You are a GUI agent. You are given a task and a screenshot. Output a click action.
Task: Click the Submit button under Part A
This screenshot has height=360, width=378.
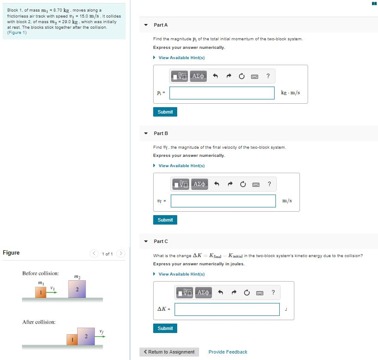coord(165,112)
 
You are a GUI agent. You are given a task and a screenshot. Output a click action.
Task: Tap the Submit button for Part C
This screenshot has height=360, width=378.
coord(165,328)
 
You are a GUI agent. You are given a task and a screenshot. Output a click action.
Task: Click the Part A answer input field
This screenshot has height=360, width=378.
coord(222,93)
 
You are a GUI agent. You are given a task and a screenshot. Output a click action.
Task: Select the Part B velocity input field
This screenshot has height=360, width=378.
coord(223,201)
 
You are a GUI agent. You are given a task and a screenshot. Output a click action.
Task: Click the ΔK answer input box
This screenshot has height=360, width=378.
coord(227,309)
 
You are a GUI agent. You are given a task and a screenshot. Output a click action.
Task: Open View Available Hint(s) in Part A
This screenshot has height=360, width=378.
coord(181,58)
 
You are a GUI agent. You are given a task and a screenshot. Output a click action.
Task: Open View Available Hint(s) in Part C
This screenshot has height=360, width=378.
coord(181,274)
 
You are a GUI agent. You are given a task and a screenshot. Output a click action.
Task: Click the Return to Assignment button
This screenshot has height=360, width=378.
coord(169,352)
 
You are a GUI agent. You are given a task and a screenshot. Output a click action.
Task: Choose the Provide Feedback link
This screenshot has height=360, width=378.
coord(228,352)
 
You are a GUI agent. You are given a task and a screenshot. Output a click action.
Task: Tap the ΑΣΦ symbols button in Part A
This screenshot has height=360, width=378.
coord(198,76)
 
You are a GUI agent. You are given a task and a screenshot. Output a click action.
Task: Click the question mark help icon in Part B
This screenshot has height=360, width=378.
coord(269,184)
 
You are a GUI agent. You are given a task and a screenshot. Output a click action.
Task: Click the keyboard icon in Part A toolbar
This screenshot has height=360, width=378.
coord(254,77)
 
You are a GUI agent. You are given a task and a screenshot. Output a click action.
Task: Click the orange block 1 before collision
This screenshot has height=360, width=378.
coord(41,292)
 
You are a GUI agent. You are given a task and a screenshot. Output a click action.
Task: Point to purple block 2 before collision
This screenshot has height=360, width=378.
coord(77,289)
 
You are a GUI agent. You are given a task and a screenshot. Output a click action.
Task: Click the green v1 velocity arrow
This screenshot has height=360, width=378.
coord(52,293)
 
